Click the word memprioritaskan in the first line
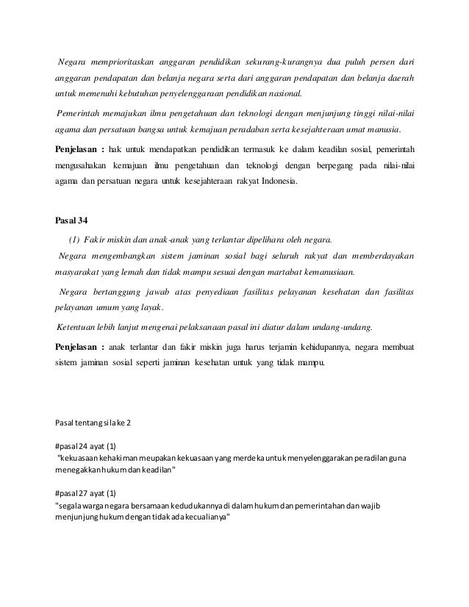point(126,60)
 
